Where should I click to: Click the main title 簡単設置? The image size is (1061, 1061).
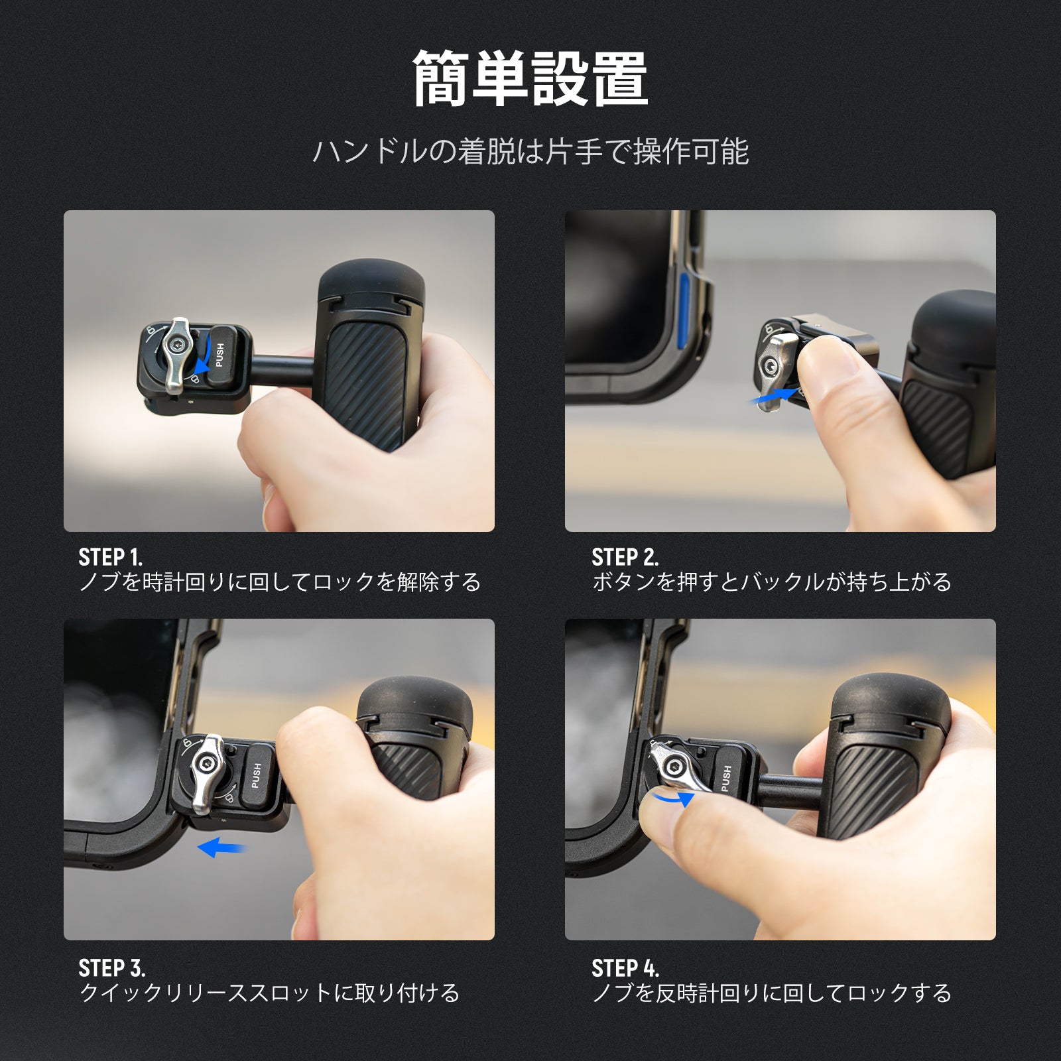point(530,79)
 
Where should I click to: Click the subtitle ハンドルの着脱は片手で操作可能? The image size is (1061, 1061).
point(530,152)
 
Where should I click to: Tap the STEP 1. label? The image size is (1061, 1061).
point(110,557)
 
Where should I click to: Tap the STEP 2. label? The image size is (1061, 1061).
point(625,557)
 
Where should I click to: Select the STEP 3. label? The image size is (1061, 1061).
point(111,968)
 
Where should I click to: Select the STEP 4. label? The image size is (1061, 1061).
point(625,968)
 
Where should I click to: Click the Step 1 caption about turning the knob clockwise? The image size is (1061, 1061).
point(279,582)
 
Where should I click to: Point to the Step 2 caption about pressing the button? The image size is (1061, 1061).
point(771,582)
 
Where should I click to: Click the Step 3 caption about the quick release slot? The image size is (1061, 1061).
point(269,993)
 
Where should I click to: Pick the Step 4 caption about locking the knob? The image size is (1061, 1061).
point(771,993)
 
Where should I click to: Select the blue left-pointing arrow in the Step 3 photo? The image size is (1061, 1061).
point(221,847)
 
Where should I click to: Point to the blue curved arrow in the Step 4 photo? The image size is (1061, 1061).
point(672,798)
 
